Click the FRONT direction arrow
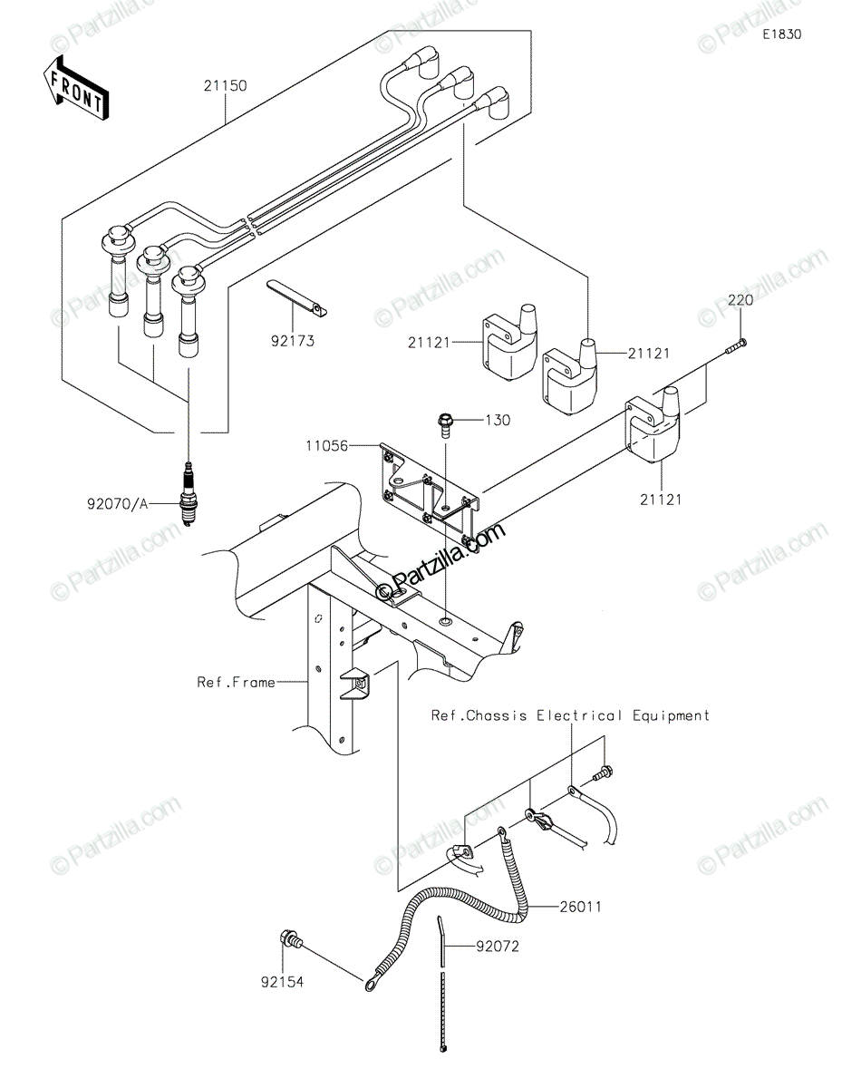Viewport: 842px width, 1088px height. tap(76, 88)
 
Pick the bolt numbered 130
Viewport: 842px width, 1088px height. tap(446, 422)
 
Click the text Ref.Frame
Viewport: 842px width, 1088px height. tap(236, 682)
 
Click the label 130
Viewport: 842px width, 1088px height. tap(497, 421)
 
